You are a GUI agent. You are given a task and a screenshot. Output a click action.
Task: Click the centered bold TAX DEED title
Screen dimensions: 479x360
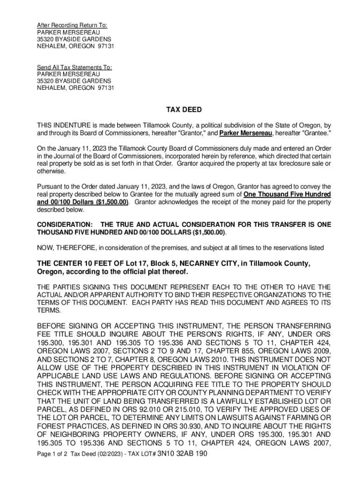pos(184,110)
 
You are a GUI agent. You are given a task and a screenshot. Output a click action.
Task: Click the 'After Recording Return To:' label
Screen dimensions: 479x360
pos(72,25)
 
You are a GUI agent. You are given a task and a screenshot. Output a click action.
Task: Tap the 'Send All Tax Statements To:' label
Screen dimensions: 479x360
pos(75,67)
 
